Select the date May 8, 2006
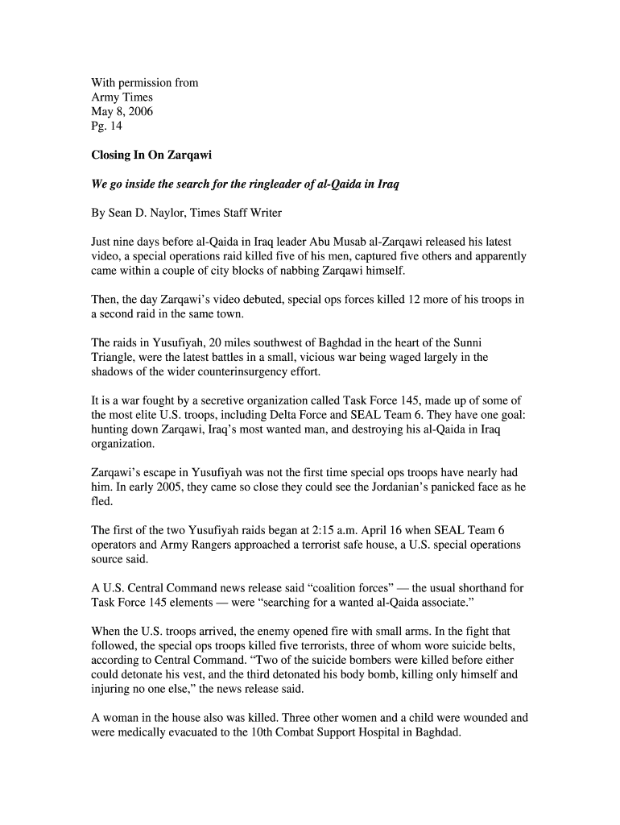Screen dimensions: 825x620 click(x=122, y=111)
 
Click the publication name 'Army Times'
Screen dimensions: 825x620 click(x=122, y=97)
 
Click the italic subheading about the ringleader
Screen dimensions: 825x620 click(x=246, y=184)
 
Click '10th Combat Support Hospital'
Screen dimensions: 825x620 click(x=324, y=733)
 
